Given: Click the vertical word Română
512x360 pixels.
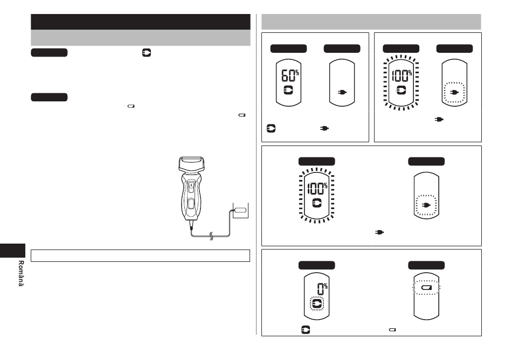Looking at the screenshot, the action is pos(21,273).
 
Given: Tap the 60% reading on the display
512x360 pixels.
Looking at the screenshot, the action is pos(290,75).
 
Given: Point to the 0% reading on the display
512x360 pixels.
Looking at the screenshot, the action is pos(322,289).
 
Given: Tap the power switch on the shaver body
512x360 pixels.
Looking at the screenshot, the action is pos(191,186).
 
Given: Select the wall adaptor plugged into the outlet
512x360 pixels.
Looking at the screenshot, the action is pos(240,210).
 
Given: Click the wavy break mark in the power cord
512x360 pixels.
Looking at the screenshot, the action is pos(211,236).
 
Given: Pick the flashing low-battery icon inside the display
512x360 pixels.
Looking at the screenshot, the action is pos(426,288).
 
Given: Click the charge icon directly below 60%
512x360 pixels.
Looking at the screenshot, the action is pos(288,90).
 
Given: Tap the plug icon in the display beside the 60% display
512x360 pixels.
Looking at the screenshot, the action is pos(342,92).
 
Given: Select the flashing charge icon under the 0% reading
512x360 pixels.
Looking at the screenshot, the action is pos(316,304).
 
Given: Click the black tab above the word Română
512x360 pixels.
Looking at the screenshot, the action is pos(13,251).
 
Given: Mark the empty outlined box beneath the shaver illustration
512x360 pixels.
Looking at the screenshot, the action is pos(141,255).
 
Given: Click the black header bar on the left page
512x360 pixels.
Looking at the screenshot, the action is pos(141,22).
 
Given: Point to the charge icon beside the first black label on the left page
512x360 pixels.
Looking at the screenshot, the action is pos(147,53).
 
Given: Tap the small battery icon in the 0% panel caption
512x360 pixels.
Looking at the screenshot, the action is pos(392,330).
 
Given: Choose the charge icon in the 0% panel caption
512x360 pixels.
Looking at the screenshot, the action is pos(305,330).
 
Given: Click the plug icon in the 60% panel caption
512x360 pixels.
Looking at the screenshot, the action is pos(324,128).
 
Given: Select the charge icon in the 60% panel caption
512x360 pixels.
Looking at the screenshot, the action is pos(271,128).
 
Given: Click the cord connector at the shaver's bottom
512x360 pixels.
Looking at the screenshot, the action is pos(191,225).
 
